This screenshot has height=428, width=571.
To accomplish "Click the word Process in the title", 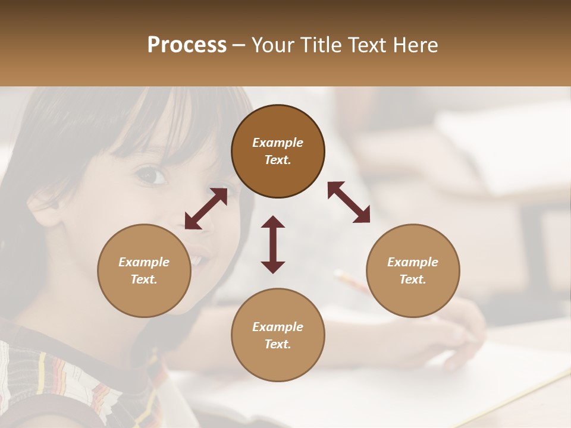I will (187, 45).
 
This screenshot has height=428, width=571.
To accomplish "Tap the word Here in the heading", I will (414, 45).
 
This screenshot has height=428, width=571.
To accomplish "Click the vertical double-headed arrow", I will (273, 244).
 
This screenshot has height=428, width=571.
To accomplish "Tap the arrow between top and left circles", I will (206, 209).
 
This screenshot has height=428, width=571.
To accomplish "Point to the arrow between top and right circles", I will (349, 202).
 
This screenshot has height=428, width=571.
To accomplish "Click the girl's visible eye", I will (151, 176).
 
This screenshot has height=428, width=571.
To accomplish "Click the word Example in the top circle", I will (278, 143).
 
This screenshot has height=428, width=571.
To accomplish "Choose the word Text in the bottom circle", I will (277, 344).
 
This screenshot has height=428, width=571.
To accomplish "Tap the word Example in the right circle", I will (413, 262).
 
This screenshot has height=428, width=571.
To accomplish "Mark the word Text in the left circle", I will (143, 279).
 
